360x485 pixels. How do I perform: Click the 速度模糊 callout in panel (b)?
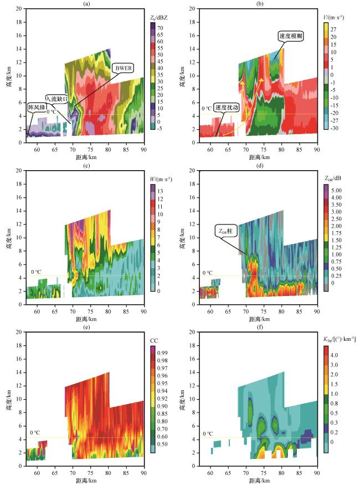291,36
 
